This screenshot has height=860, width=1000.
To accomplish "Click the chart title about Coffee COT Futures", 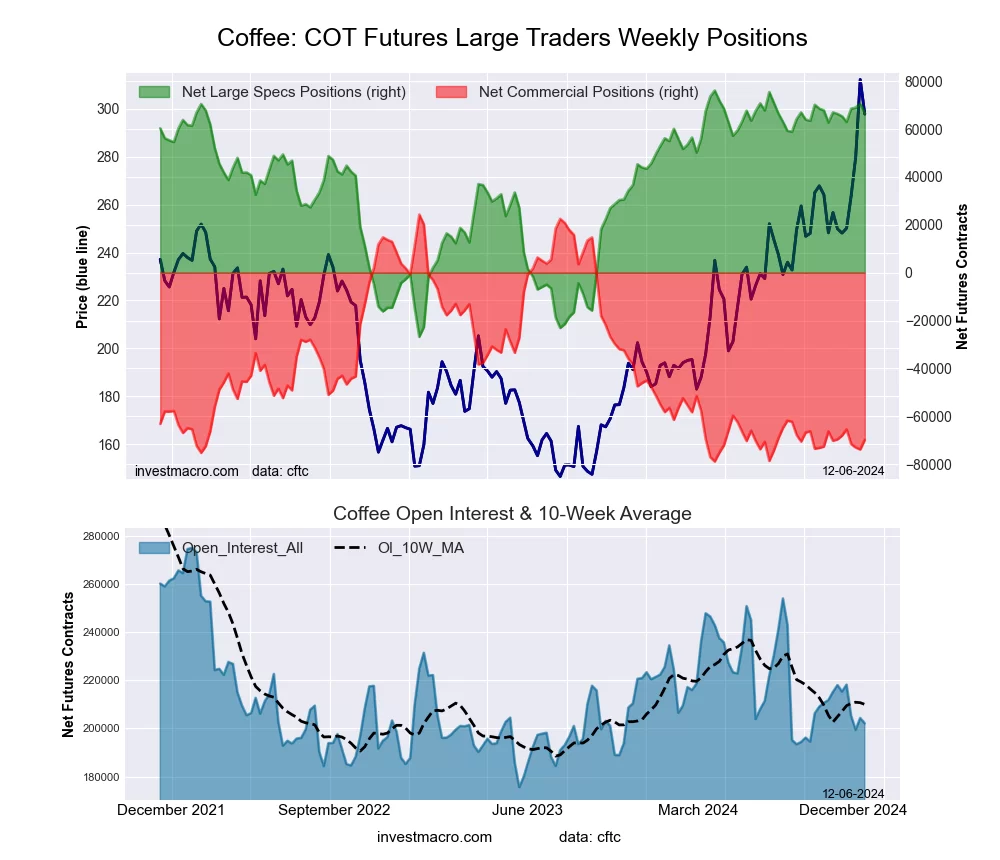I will click(x=512, y=38).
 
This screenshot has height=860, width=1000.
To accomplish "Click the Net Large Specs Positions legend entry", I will click(x=293, y=92).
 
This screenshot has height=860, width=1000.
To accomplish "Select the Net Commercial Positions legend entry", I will click(x=588, y=92).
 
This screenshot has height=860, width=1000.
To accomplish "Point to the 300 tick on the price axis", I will click(x=107, y=109).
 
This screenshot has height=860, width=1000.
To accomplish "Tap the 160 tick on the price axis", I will click(x=107, y=445).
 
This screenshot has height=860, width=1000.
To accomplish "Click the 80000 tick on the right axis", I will click(x=926, y=82).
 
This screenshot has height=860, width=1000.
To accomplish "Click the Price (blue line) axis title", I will click(x=83, y=272).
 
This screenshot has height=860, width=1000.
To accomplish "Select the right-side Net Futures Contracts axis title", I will click(x=962, y=276).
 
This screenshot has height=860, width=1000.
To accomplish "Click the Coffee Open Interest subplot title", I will click(x=512, y=514).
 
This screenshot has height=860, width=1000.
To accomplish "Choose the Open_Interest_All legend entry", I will click(x=242, y=547).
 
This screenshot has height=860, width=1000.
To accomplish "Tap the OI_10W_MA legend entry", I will click(x=420, y=547).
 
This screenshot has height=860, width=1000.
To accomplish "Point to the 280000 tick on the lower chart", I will click(x=101, y=536).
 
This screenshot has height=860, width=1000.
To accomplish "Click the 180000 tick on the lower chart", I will click(x=101, y=777).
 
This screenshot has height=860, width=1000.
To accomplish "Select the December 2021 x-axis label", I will click(x=171, y=810).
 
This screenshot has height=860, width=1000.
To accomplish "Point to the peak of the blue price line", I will click(x=860, y=80).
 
